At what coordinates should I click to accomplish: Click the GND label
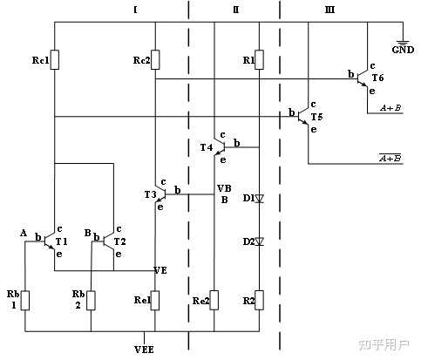403,50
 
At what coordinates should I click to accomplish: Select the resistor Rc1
55,59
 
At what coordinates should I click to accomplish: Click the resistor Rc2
154,59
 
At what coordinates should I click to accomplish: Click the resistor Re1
154,302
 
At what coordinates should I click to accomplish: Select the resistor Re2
214,302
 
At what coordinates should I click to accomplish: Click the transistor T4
218,147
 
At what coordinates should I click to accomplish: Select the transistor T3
158,193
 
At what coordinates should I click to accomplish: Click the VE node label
161,268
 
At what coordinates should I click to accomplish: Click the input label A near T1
24,232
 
